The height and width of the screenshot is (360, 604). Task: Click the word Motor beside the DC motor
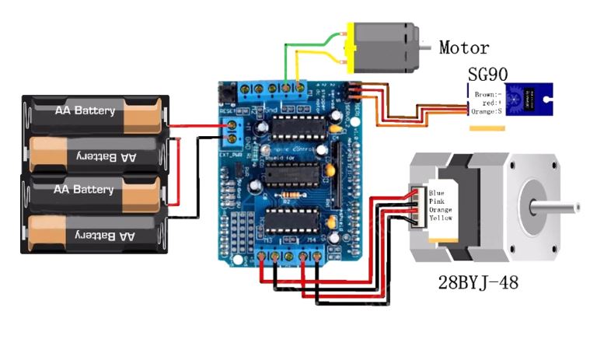(464, 48)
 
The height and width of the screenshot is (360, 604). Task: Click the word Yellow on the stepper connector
(440, 218)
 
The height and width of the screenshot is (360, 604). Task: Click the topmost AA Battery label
(85, 110)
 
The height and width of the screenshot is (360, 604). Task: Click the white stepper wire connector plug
(415, 205)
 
